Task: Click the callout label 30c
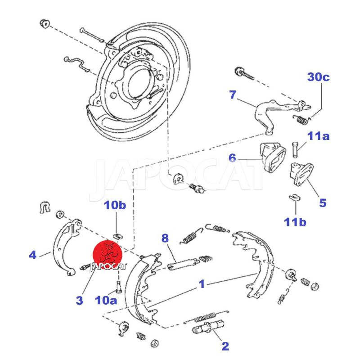click(319, 77)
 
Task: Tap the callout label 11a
click(319, 135)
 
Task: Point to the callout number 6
click(232, 157)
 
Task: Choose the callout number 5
click(323, 202)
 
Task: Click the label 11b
click(295, 221)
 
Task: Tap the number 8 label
click(165, 237)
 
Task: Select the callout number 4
click(32, 255)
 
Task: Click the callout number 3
click(79, 300)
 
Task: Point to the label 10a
click(106, 300)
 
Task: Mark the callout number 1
click(202, 284)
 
